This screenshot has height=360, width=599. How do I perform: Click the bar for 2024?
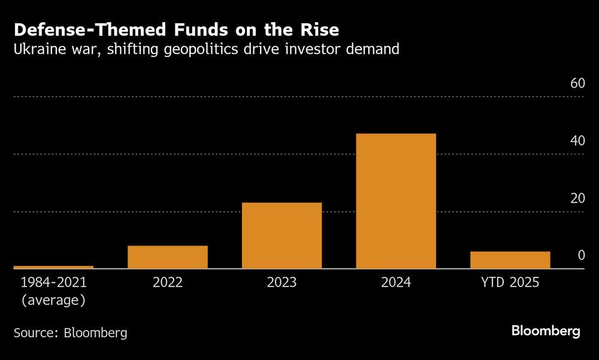point(396,201)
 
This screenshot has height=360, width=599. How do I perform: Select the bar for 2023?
point(282,235)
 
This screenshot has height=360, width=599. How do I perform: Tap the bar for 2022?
point(168,257)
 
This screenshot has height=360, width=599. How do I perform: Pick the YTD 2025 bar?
point(510,260)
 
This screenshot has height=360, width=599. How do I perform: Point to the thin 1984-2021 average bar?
point(53,267)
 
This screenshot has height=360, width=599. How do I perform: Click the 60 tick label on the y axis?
point(577,83)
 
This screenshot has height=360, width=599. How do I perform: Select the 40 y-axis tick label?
point(577,141)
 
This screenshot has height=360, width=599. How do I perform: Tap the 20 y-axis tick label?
point(577,198)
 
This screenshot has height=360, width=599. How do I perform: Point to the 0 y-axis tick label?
point(581,256)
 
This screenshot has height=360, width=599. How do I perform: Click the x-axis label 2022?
point(168,282)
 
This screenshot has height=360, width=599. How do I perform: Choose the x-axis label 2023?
point(282,282)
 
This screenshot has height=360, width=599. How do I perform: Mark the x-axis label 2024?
point(396,282)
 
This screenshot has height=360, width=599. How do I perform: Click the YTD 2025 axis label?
point(510,282)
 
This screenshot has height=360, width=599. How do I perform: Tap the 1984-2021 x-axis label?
point(53,282)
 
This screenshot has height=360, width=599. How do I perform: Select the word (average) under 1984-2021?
point(53,300)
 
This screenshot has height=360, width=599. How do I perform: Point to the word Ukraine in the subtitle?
point(41,49)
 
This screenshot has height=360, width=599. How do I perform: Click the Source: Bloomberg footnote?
point(71,332)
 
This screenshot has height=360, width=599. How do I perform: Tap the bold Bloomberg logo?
point(546,331)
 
